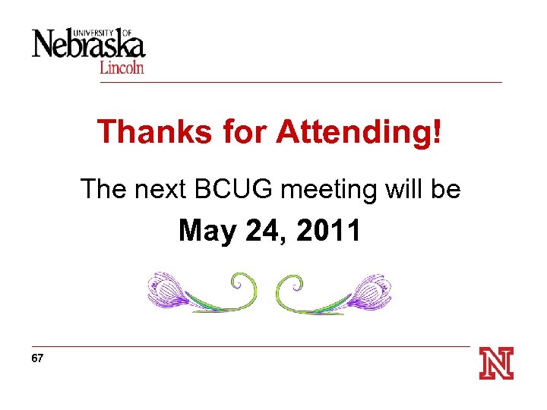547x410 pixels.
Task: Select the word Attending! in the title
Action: click(358, 132)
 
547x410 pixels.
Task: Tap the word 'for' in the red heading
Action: click(244, 132)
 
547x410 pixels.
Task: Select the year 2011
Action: click(329, 230)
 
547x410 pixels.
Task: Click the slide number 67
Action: click(38, 358)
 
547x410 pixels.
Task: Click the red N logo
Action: click(496, 363)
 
